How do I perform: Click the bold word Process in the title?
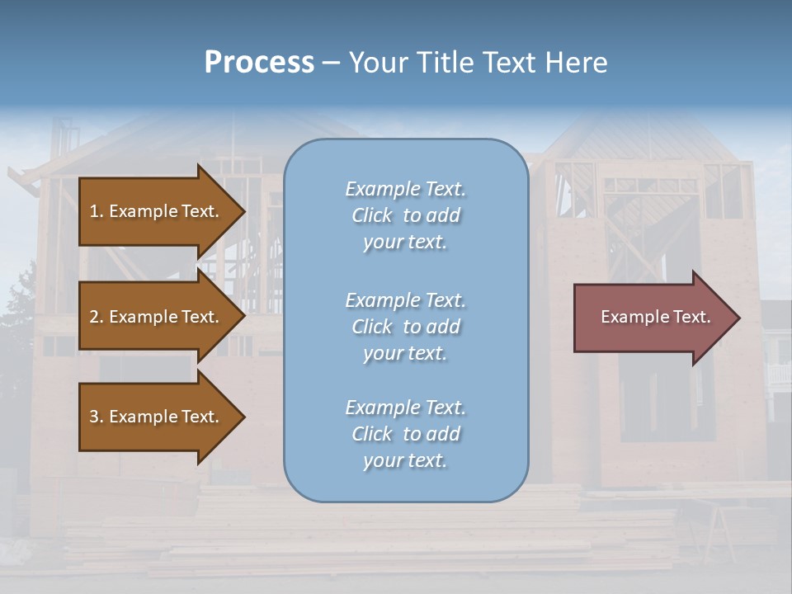(259, 63)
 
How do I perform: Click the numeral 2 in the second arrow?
(93, 317)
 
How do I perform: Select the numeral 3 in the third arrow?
(93, 417)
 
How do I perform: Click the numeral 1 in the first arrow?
(93, 211)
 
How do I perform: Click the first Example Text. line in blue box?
(405, 189)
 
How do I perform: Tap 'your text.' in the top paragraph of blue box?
(405, 243)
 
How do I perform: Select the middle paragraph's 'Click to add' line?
(405, 327)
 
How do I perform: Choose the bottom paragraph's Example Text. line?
(405, 408)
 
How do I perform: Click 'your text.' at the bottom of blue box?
(405, 460)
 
